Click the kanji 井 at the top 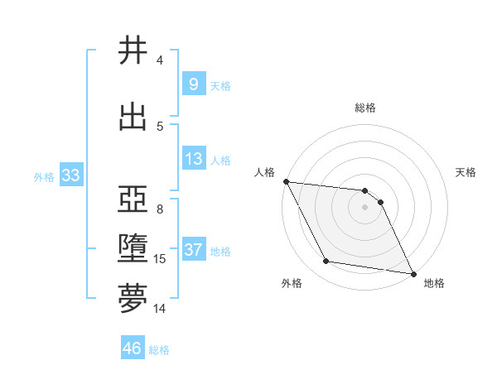(x=133, y=51)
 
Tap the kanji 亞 (x=133, y=199)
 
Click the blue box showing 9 (x=193, y=84)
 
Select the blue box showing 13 (x=193, y=159)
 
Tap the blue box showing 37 (x=193, y=250)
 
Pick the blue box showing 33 (x=70, y=175)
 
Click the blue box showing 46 (x=133, y=348)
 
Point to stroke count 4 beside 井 (x=160, y=60)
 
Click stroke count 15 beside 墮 (x=160, y=259)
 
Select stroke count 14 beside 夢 (x=160, y=308)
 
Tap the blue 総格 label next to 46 (x=159, y=350)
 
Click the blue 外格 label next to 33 (x=44, y=176)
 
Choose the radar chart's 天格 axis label (x=466, y=172)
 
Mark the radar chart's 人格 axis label (x=264, y=172)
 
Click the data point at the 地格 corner (x=413, y=272)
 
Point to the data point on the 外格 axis (x=326, y=262)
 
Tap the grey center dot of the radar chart (x=364, y=207)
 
